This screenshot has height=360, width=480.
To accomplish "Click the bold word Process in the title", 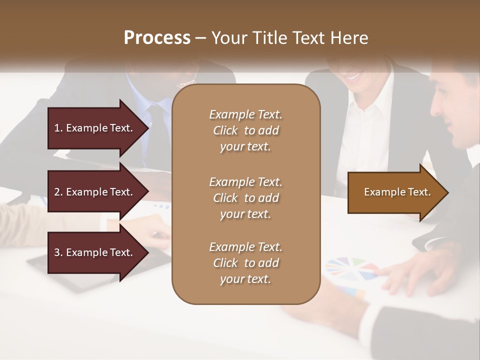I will pyautogui.click(x=157, y=38).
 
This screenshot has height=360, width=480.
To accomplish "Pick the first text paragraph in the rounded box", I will pyautogui.click(x=245, y=130).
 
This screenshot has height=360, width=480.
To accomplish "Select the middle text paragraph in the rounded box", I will pyautogui.click(x=245, y=197).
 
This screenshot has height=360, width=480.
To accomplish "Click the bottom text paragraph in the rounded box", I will pyautogui.click(x=245, y=263).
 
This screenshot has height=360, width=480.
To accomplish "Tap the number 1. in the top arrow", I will pyautogui.click(x=58, y=128).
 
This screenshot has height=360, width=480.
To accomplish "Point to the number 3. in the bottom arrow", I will pyautogui.click(x=58, y=252).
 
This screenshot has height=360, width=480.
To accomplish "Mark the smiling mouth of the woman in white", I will pyautogui.click(x=354, y=77).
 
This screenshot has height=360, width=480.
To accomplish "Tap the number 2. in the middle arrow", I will pyautogui.click(x=58, y=192).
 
